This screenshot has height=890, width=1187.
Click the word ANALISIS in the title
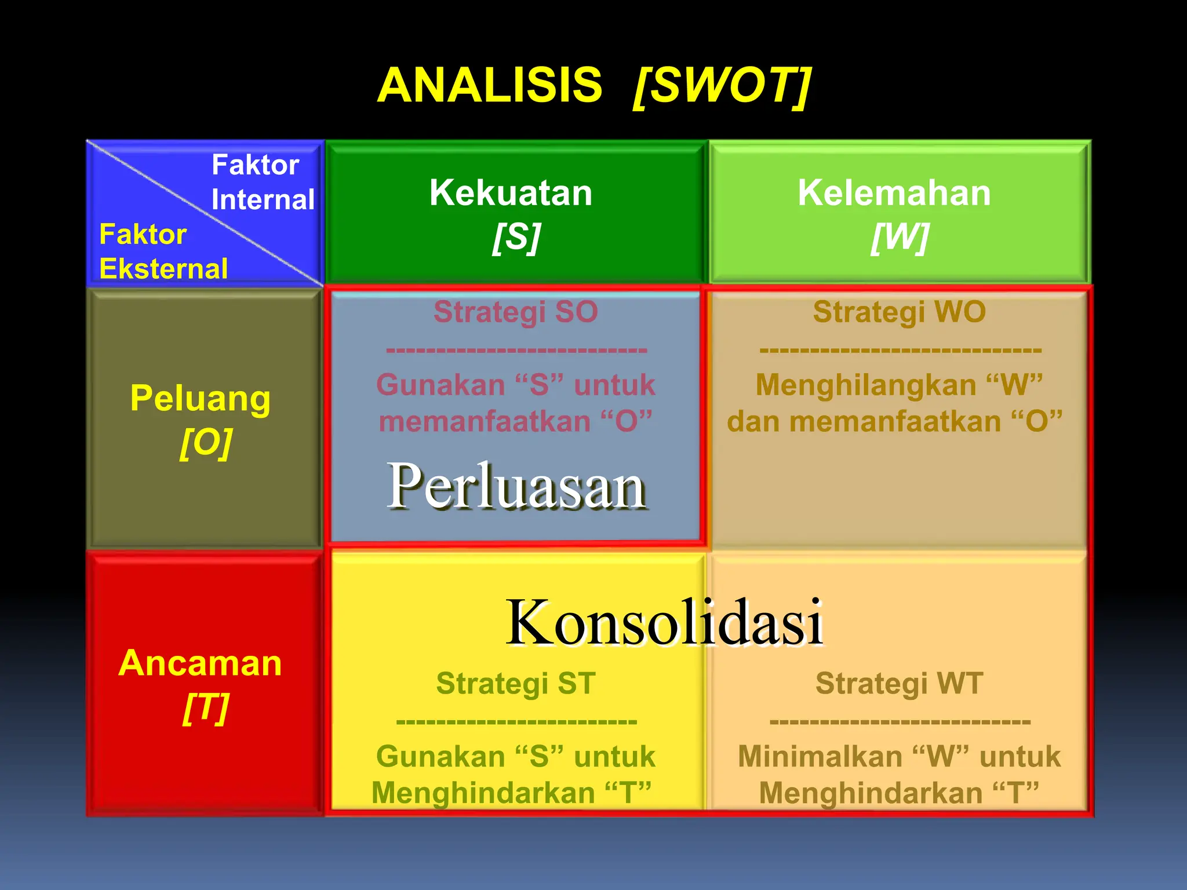[x=490, y=85]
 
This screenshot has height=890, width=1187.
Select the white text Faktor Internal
[x=262, y=182]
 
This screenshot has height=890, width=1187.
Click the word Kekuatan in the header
[x=511, y=192]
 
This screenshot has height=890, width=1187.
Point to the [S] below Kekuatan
[x=516, y=237]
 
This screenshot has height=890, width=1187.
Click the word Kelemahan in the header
[x=894, y=192]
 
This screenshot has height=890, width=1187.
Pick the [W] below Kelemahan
[x=900, y=237]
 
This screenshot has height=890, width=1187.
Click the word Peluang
[x=201, y=399]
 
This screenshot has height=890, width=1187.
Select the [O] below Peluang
[x=206, y=443]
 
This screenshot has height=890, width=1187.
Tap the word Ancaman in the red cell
[x=200, y=663]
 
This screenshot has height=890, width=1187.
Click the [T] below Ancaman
[x=206, y=707]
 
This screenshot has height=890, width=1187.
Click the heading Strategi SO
[x=515, y=312]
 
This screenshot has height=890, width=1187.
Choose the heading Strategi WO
[x=899, y=312]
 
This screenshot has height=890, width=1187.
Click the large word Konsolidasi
[x=664, y=622]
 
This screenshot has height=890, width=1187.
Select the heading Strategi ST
[x=516, y=683]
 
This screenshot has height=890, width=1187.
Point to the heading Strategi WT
[x=899, y=683]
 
